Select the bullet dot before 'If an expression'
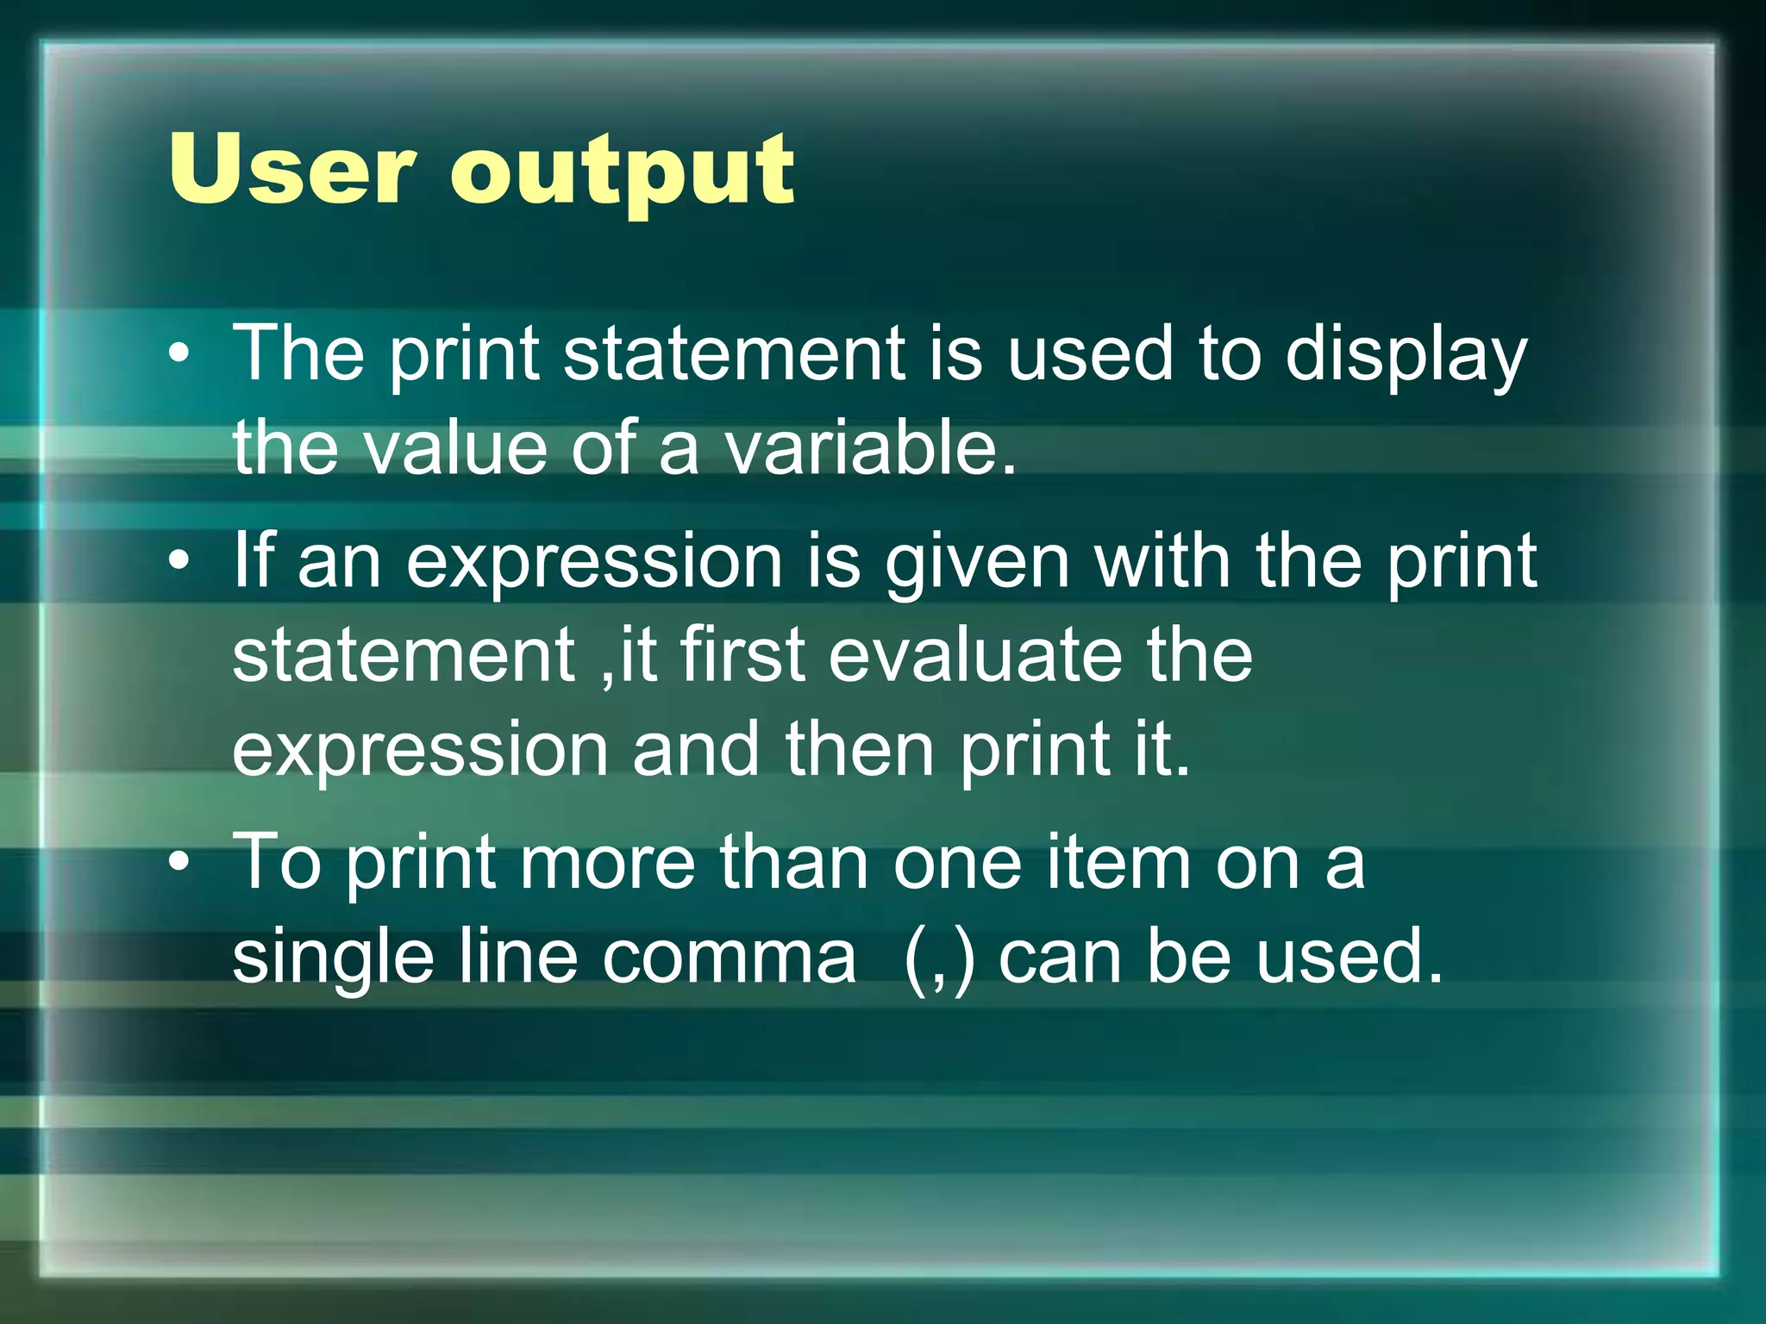(178, 561)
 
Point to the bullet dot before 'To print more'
(178, 863)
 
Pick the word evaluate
(974, 655)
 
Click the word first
(742, 655)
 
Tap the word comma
(729, 957)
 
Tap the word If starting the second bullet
(254, 561)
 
